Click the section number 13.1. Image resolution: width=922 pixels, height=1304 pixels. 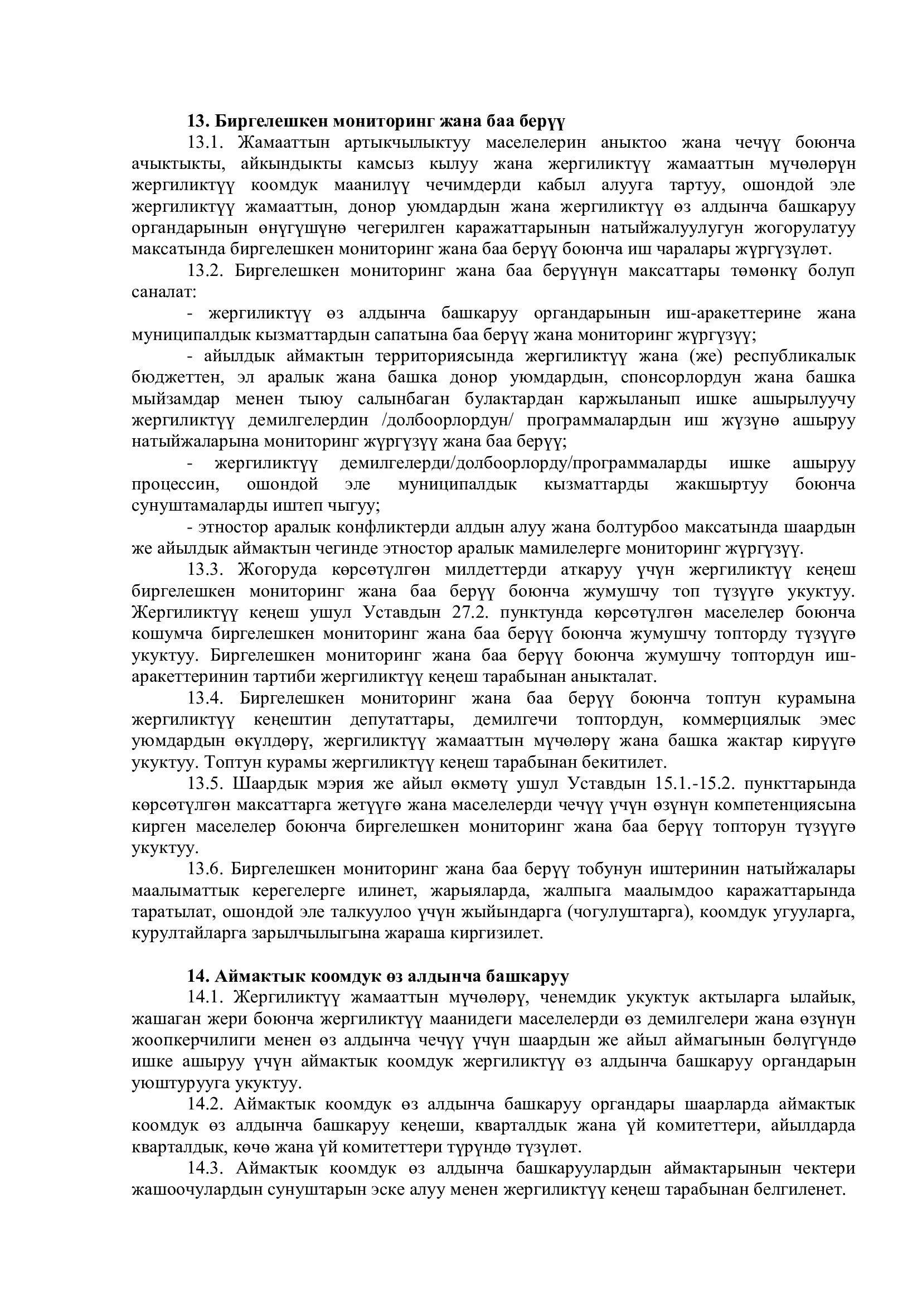point(208,143)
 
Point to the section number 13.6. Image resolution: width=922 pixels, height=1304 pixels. point(207,870)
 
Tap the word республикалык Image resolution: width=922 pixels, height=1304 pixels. point(794,357)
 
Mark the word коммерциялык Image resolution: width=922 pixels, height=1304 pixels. point(741,720)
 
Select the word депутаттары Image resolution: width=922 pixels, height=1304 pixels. point(400,720)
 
